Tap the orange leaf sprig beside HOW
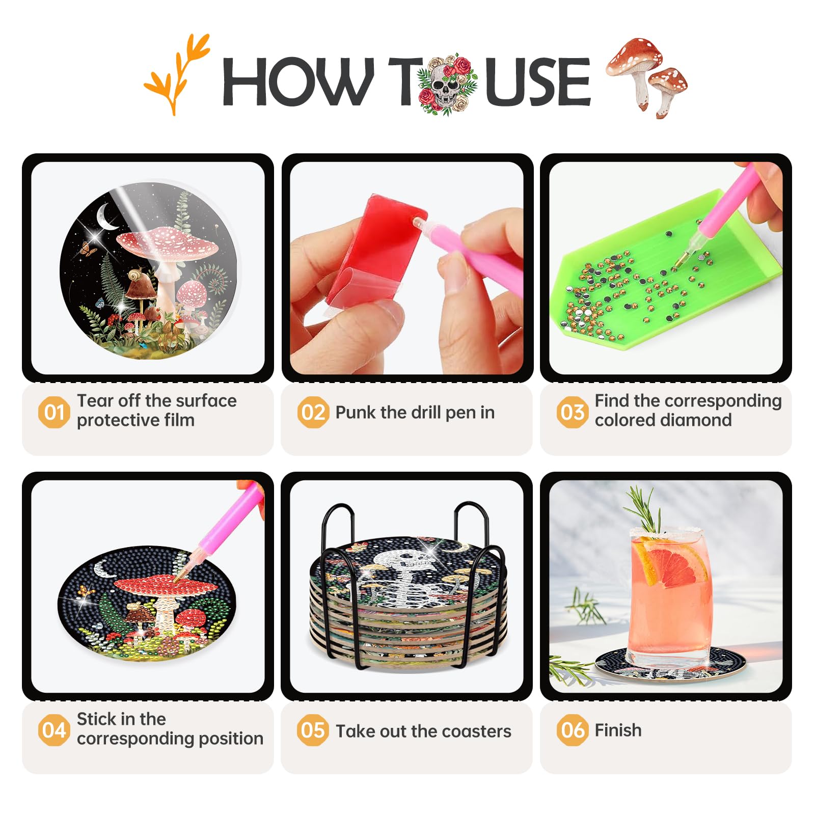pyautogui.click(x=176, y=74)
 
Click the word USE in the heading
pyautogui.click(x=537, y=81)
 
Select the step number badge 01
pyautogui.click(x=53, y=412)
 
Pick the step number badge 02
pyautogui.click(x=313, y=412)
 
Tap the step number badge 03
pyautogui.click(x=572, y=412)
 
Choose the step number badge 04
pyautogui.click(x=53, y=730)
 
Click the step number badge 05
pyautogui.click(x=313, y=730)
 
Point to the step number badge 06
pyautogui.click(x=572, y=730)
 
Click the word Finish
pyautogui.click(x=618, y=730)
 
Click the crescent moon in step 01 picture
pyautogui.click(x=108, y=217)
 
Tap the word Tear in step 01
pyautogui.click(x=95, y=400)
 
